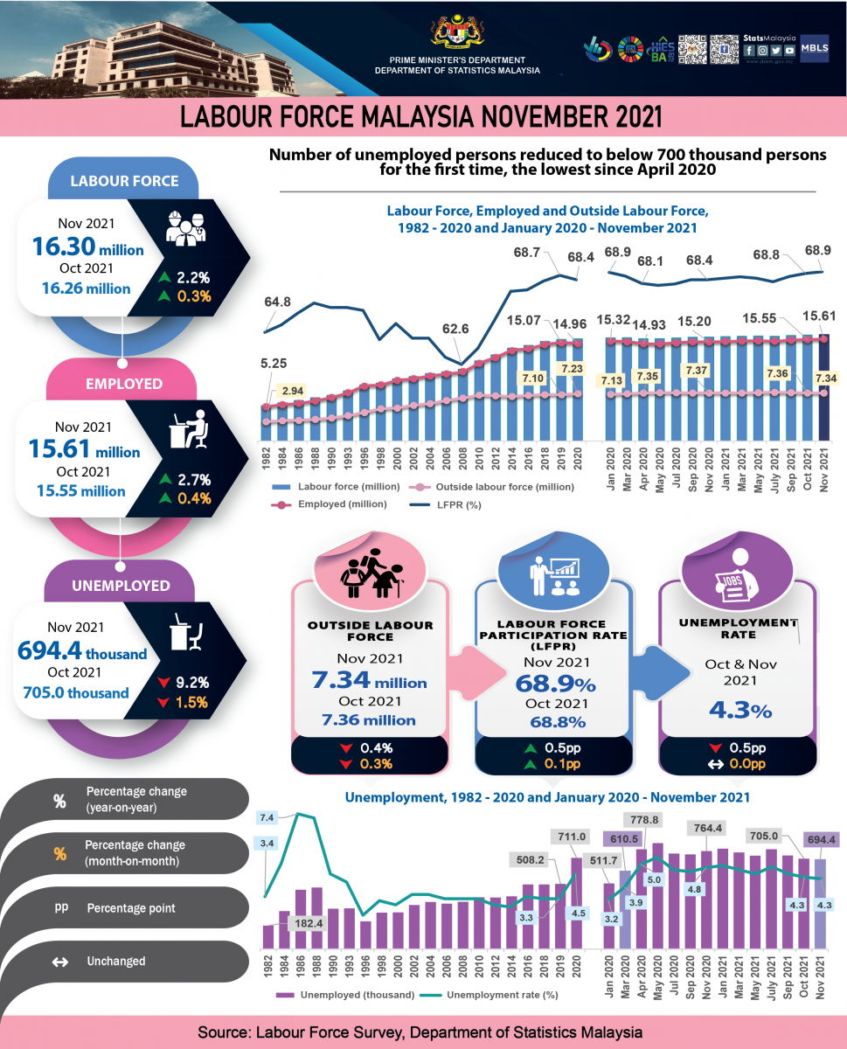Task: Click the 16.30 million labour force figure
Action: (87, 247)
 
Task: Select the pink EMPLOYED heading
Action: (123, 383)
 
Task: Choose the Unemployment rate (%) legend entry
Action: (489, 995)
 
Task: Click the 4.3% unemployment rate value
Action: (739, 710)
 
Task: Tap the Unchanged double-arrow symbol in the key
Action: (60, 962)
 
